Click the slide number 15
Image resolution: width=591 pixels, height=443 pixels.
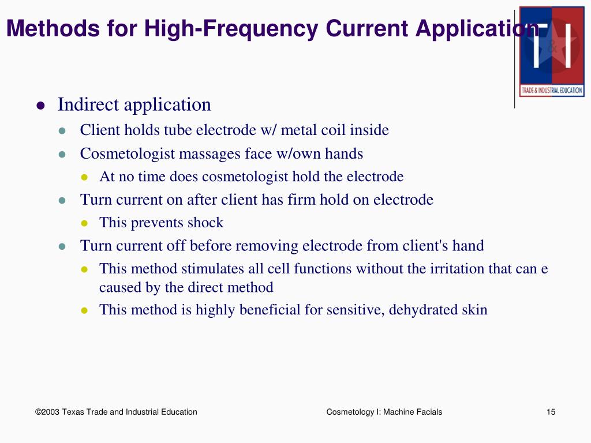tap(551, 412)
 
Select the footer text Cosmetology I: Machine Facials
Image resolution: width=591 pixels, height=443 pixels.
tap(384, 412)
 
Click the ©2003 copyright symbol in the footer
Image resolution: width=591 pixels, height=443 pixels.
tap(39, 412)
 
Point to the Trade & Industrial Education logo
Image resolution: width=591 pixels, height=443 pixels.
tap(552, 51)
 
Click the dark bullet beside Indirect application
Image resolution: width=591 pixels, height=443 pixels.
tap(40, 106)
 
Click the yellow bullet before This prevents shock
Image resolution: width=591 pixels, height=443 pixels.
tap(84, 223)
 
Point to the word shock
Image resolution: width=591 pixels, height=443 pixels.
tap(207, 223)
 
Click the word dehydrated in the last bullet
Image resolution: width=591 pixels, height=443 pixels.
tap(423, 310)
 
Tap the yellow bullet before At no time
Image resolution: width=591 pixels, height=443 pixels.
tap(84, 177)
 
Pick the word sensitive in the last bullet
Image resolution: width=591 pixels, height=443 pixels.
tap(355, 310)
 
